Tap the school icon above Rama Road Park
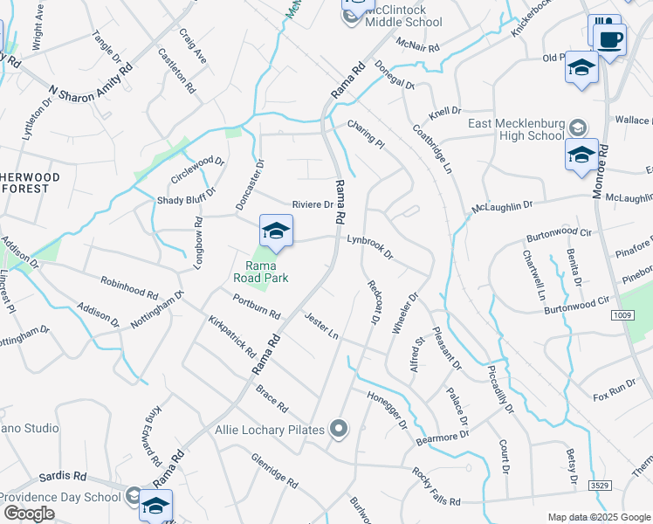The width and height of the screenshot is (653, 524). pos(276,231)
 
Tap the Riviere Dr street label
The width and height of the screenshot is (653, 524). pos(313,204)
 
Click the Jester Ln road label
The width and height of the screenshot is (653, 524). pos(321,325)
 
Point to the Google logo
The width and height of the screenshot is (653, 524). pos(29,514)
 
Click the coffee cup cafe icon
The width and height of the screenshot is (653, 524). pos(610,38)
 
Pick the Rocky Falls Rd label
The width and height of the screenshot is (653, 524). pos(436,484)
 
